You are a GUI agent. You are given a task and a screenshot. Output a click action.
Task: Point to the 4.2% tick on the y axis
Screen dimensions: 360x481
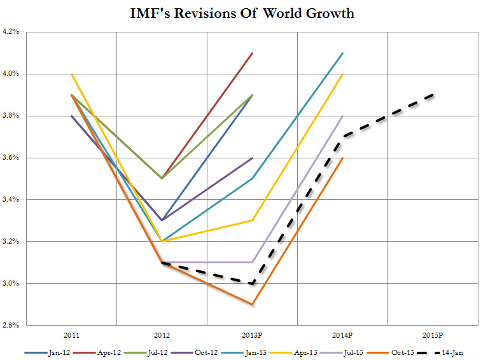[12, 32]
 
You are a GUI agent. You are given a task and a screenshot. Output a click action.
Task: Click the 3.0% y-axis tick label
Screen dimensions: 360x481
[12, 284]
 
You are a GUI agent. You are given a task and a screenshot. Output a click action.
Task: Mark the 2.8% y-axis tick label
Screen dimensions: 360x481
[12, 326]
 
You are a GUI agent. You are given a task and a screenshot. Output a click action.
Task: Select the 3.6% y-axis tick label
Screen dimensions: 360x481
[12, 158]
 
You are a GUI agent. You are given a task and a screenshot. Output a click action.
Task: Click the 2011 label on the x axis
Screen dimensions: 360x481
[71, 335]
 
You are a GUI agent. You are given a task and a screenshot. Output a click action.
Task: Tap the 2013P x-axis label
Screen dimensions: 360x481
[253, 335]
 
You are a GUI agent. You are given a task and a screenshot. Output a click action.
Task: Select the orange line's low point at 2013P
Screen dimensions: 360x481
[253, 304]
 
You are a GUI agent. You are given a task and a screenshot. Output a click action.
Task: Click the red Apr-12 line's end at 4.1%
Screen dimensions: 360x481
[253, 53]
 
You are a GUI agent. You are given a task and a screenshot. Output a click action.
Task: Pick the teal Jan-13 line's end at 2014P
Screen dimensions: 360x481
[343, 53]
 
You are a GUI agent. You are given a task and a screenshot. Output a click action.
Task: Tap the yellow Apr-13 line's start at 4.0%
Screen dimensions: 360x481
[71, 74]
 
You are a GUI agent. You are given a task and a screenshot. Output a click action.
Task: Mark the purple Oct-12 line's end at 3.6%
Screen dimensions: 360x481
[253, 158]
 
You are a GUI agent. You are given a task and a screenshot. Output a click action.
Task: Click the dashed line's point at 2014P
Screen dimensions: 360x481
[343, 137]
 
